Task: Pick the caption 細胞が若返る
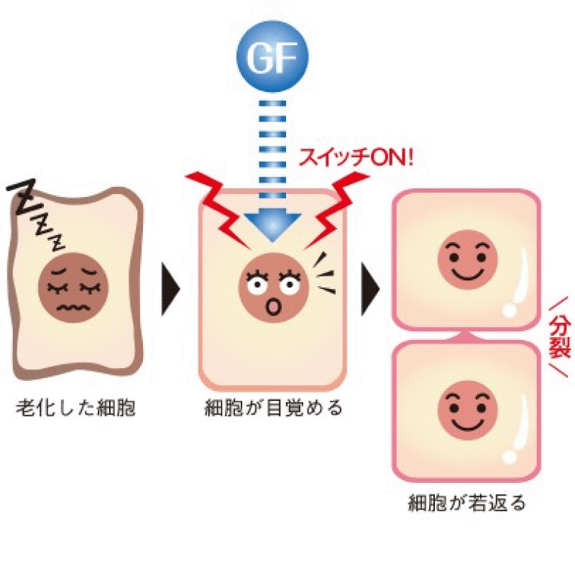click(467, 502)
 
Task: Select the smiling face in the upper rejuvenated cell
click(467, 259)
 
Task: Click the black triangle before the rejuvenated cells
click(371, 287)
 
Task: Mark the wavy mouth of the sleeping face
click(75, 308)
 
